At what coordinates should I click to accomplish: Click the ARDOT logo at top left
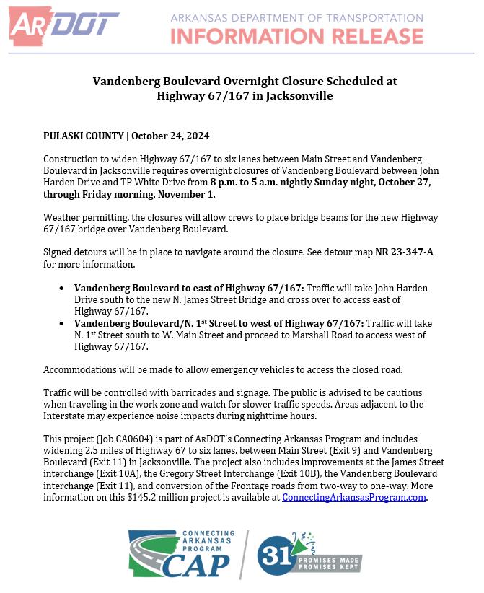[x=63, y=25]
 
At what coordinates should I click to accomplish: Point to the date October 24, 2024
[x=171, y=136]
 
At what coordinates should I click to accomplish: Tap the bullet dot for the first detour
[x=61, y=288]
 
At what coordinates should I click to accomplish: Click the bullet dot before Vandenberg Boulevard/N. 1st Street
[x=61, y=323]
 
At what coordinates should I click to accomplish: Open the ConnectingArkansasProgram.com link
[x=354, y=497]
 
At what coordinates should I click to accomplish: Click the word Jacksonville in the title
[x=297, y=95]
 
